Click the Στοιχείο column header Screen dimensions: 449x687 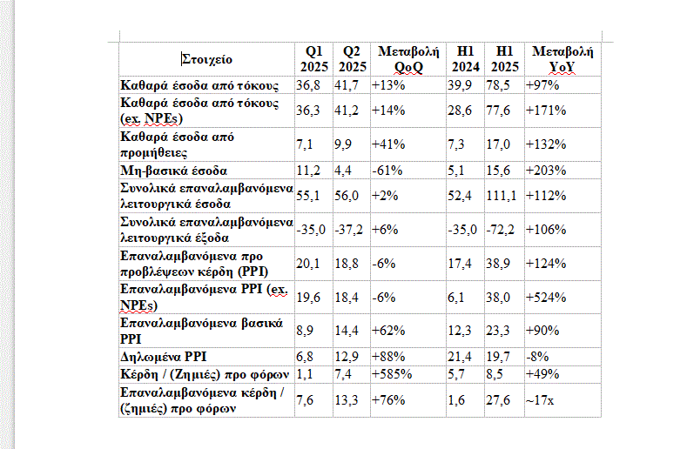pos(207,59)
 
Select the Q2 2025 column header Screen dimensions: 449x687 pos(352,59)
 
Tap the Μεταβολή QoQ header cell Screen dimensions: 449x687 pos(407,59)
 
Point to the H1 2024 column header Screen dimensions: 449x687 pos(466,59)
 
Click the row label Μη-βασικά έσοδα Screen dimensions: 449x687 pos(173,171)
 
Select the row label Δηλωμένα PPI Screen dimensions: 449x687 pos(165,355)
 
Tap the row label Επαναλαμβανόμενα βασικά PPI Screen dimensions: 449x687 pos(200,331)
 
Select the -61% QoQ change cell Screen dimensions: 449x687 pos(386,171)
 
